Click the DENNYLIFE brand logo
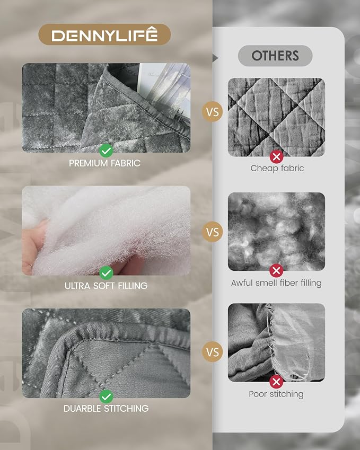pos(104,34)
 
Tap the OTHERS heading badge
pos(275,56)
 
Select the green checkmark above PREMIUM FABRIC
pos(106,151)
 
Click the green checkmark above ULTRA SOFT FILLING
pos(106,273)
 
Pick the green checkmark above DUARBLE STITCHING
pos(106,396)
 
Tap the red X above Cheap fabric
pos(276,157)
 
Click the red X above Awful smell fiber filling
pos(276,271)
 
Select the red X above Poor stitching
pos(276,382)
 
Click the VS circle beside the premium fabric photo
pos(213,112)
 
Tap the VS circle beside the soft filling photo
pos(213,232)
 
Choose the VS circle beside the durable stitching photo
pos(213,352)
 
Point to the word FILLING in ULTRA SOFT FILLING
pos(133,286)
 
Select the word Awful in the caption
pos(242,283)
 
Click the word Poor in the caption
pos(258,394)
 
